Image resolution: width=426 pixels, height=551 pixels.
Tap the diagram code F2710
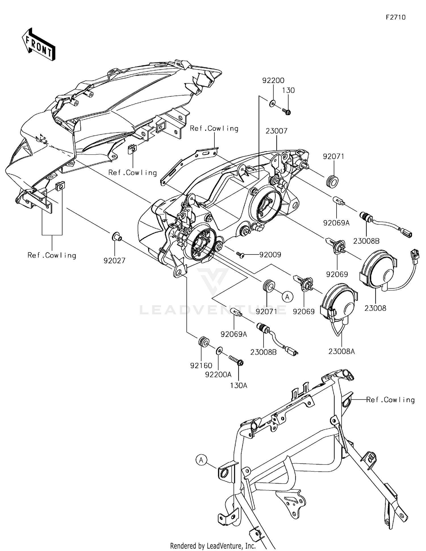tap(396, 17)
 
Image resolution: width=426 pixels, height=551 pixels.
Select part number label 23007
tap(277, 131)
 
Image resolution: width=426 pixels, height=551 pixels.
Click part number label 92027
tap(114, 261)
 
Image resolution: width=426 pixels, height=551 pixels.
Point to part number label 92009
tap(270, 255)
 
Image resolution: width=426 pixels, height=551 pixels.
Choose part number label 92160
tap(201, 365)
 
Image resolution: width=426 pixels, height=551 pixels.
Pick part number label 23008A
tap(342, 351)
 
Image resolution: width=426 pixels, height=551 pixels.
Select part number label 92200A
tap(218, 375)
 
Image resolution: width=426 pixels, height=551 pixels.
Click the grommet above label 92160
tap(203, 341)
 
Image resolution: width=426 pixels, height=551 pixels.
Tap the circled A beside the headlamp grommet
tap(287, 297)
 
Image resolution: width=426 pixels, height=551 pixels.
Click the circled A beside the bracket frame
tap(201, 460)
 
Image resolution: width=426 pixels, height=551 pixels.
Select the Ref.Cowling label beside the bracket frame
tap(390, 400)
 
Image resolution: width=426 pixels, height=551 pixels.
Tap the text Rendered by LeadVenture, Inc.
tap(213, 546)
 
